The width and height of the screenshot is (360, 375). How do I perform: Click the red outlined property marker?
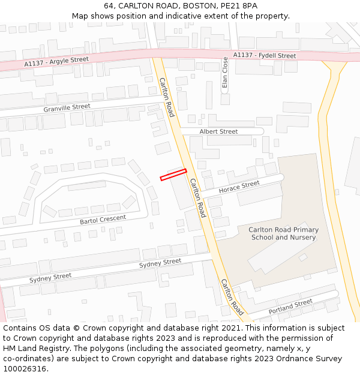pyautogui.click(x=173, y=175)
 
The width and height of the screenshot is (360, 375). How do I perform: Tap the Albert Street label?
pyautogui.click(x=218, y=131)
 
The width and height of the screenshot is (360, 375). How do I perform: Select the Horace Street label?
pyautogui.click(x=239, y=187)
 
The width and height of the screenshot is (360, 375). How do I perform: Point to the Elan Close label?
pyautogui.click(x=225, y=73)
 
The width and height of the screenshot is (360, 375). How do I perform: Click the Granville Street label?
pyautogui.click(x=67, y=108)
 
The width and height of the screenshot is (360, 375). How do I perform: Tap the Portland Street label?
pyautogui.click(x=290, y=307)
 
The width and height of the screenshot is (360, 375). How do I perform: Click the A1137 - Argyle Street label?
pyautogui.click(x=56, y=62)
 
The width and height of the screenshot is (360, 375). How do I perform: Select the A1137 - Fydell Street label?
pyautogui.click(x=265, y=56)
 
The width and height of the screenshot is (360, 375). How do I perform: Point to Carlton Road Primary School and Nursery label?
pyautogui.click(x=283, y=233)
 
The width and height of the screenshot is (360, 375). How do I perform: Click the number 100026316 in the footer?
pyautogui.click(x=24, y=368)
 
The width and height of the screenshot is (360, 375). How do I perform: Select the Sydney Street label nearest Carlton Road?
pyautogui.click(x=160, y=263)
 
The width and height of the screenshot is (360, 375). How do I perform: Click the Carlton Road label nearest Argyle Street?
pyautogui.click(x=166, y=97)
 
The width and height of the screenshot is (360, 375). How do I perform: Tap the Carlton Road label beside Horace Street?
pyautogui.click(x=198, y=197)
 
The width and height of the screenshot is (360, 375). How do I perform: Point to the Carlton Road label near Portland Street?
pyautogui.click(x=232, y=297)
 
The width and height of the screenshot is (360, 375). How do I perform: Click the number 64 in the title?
pyautogui.click(x=109, y=5)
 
